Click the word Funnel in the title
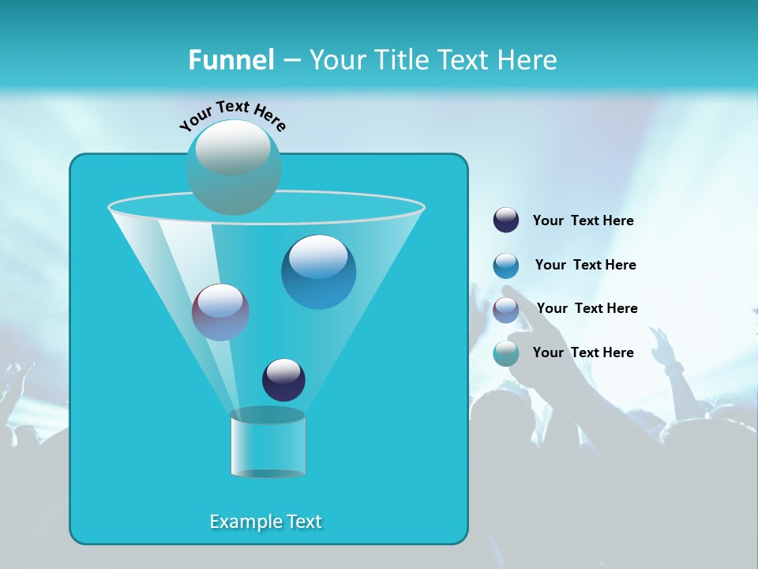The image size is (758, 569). (x=231, y=60)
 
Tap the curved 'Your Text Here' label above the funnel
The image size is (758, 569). (x=233, y=115)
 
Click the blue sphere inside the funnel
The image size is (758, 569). (x=319, y=272)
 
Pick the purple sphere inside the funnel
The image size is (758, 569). (x=221, y=312)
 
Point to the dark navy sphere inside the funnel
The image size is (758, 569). (x=283, y=379)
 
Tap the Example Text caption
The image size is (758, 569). (x=266, y=522)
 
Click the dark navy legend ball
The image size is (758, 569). (x=506, y=220)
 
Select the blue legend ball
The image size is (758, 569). (x=506, y=266)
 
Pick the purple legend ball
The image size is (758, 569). (x=506, y=310)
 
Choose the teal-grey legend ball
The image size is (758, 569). (x=506, y=353)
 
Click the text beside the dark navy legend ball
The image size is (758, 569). (x=583, y=221)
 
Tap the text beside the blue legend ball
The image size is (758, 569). (x=585, y=266)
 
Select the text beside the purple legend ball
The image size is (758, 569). (x=587, y=309)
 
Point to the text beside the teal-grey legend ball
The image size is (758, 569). (x=583, y=353)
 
